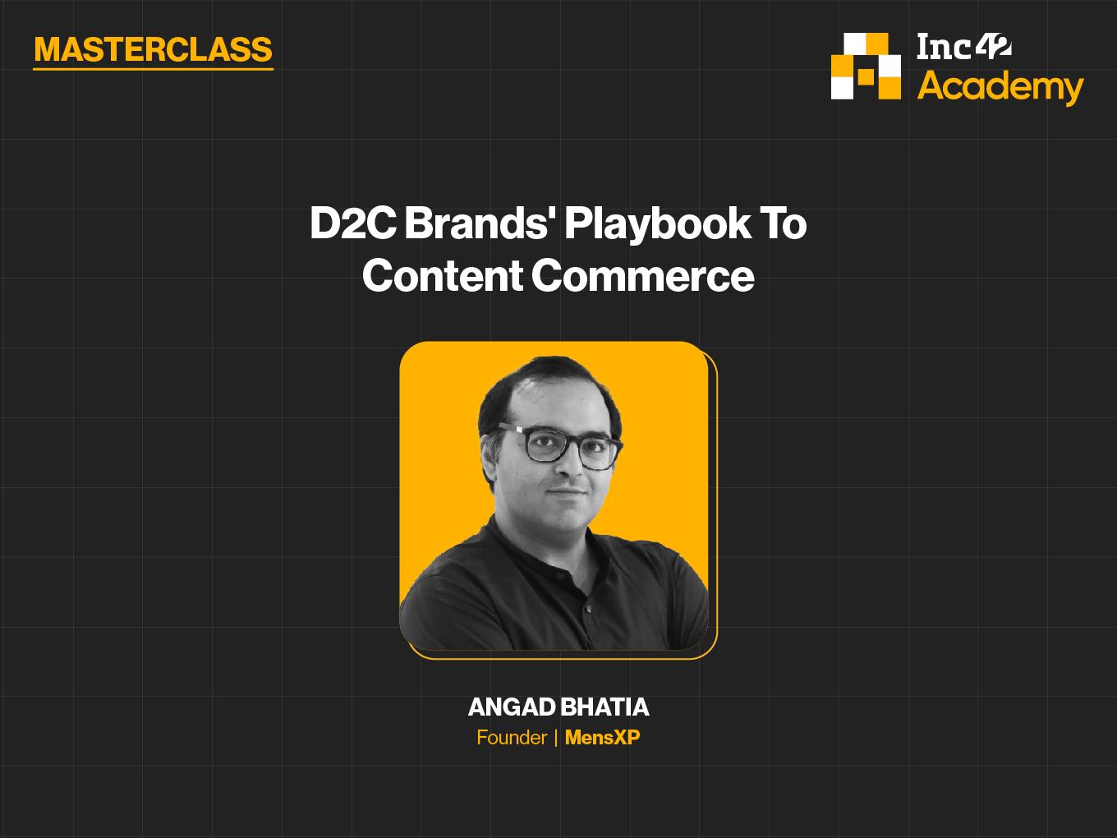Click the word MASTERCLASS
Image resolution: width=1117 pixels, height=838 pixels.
pos(153,49)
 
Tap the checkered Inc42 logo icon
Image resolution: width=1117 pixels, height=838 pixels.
pos(866,66)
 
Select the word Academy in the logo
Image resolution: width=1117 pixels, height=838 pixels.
pos(1000,87)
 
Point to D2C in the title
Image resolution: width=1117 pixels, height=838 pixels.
pos(352,223)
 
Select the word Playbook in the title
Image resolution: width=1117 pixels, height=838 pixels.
pos(657,225)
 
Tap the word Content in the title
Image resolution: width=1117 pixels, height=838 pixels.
pos(443,275)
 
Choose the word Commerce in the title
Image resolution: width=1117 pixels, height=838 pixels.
pos(643,276)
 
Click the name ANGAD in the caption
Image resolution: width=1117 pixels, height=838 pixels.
pos(512,707)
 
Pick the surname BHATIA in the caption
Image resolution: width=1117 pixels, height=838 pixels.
pos(604,707)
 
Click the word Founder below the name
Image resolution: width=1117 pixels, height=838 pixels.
pos(512,737)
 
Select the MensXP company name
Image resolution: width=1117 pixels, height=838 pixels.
pos(602,737)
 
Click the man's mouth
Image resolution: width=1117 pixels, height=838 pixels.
pos(566,492)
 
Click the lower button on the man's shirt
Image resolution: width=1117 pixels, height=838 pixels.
pos(589,609)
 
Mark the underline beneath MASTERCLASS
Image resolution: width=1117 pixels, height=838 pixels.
pos(153,68)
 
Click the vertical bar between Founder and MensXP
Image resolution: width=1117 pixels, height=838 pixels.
pos(556,738)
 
